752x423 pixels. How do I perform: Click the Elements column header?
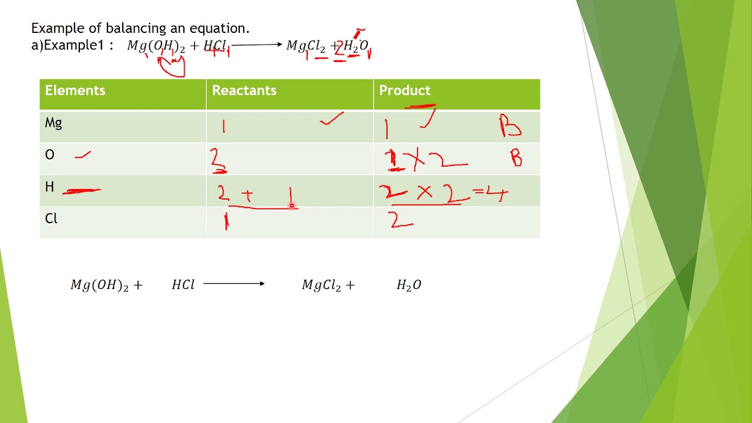pyautogui.click(x=75, y=90)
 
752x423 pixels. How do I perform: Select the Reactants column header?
pyautogui.click(x=244, y=90)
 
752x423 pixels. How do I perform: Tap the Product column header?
pyautogui.click(x=405, y=90)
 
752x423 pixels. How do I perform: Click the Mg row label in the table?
pyautogui.click(x=53, y=123)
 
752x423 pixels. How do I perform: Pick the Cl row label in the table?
pyautogui.click(x=52, y=219)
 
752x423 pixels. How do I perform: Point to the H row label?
pyautogui.click(x=50, y=187)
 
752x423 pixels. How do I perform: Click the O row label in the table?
pyautogui.click(x=50, y=155)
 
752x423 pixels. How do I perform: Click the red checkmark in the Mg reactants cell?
pyautogui.click(x=332, y=120)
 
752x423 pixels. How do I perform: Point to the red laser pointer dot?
pyautogui.click(x=291, y=206)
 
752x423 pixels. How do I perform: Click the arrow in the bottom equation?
pyautogui.click(x=234, y=284)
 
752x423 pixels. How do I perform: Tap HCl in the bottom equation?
pyautogui.click(x=183, y=285)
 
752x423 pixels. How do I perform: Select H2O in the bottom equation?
pyautogui.click(x=409, y=285)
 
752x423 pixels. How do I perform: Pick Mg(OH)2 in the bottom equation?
pyautogui.click(x=99, y=285)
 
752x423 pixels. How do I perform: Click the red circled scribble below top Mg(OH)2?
pyautogui.click(x=172, y=66)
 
